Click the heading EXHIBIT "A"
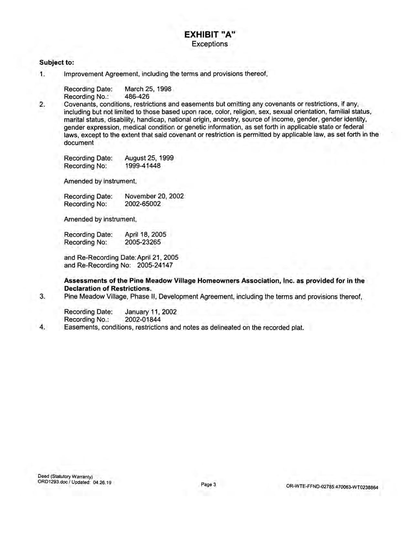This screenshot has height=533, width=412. point(209,34)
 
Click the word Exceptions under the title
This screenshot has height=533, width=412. point(209,44)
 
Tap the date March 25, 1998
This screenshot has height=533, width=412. point(148,89)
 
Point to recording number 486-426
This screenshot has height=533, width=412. point(137,97)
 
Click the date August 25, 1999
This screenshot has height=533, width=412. point(149,158)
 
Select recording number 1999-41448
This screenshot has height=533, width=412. point(143,166)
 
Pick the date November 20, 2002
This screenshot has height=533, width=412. point(154,196)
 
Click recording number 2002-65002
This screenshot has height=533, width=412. point(143,204)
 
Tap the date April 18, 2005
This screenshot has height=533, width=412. point(145,235)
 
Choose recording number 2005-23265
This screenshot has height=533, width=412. point(143,242)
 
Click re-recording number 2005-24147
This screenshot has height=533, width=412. point(155,265)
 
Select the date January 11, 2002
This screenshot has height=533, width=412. point(151,312)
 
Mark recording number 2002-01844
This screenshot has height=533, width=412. point(143,319)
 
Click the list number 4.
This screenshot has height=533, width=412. point(42,327)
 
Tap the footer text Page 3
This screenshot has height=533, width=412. point(208,485)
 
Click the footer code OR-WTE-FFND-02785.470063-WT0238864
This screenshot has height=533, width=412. point(332,487)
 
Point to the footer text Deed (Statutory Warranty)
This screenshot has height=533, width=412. point(65,476)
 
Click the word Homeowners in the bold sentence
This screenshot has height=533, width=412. point(218,281)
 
